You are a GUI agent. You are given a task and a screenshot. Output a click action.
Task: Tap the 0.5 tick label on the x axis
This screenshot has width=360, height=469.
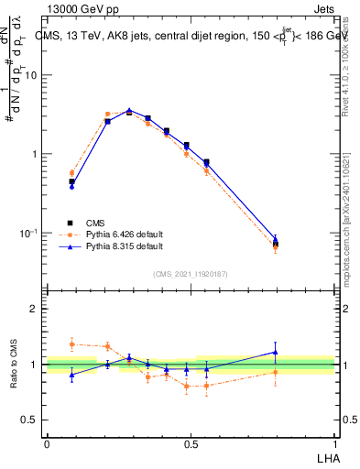click(x=191, y=443)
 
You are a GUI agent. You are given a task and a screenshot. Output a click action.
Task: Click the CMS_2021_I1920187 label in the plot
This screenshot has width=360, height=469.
click(x=190, y=274)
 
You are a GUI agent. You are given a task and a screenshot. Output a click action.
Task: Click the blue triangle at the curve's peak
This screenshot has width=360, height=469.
click(x=129, y=110)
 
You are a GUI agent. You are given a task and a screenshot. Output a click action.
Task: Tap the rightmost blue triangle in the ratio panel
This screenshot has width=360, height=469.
click(x=276, y=352)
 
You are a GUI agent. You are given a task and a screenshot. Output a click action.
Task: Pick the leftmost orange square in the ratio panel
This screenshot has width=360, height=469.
click(x=72, y=344)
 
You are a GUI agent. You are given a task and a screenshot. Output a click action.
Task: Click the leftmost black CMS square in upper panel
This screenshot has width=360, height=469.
click(x=72, y=181)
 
